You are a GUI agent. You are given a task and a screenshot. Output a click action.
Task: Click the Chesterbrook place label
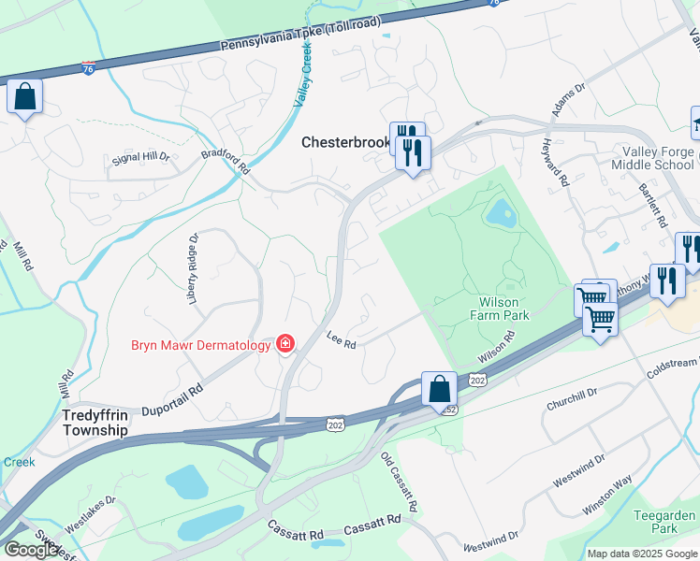pos(345,143)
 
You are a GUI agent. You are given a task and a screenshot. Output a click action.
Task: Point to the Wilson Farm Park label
pos(503,309)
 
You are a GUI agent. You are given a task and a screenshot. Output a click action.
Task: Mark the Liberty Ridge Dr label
pos(194,269)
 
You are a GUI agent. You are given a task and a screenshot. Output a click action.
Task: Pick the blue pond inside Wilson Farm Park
pos(500,214)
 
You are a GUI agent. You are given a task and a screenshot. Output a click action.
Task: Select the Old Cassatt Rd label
pos(399,482)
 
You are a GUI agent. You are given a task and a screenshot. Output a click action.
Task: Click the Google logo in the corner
pos(31,550)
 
